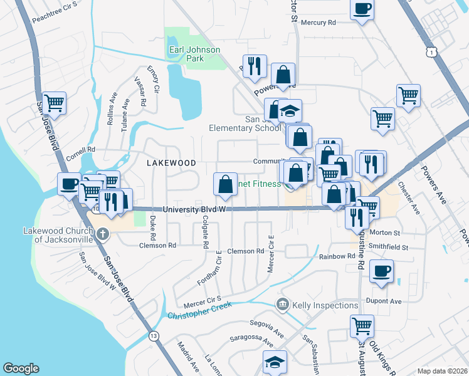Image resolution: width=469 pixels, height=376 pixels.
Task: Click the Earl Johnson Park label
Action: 186,54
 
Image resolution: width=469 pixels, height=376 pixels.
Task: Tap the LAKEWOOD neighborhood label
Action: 171,162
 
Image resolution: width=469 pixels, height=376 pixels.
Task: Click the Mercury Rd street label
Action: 319,23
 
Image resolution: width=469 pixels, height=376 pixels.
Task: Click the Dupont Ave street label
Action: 386,301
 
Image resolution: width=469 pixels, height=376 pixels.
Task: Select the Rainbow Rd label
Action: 337,256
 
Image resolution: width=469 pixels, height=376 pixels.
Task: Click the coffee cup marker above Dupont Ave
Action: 381,271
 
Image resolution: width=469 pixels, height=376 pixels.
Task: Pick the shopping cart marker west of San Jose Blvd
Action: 55,102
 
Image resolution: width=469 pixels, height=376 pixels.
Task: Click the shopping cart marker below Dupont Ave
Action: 362,325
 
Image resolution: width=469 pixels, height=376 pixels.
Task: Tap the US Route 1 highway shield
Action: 430,55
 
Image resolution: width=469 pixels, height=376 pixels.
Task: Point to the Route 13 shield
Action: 153,337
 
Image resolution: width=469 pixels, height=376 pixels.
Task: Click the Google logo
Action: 21,368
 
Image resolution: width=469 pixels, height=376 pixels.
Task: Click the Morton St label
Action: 387,232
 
